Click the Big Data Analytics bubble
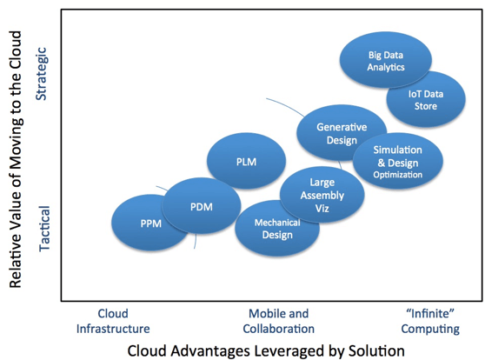[386, 60]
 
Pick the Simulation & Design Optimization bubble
[398, 161]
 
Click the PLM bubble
[246, 161]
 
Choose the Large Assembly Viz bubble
[322, 195]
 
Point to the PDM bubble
[201, 206]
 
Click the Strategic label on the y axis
[41, 74]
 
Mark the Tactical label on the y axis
[44, 229]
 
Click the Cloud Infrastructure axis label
[113, 321]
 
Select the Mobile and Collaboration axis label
[279, 321]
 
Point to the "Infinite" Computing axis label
[430, 321]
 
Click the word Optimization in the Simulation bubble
[398, 175]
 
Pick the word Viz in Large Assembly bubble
[322, 209]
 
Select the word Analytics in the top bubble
[386, 68]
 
